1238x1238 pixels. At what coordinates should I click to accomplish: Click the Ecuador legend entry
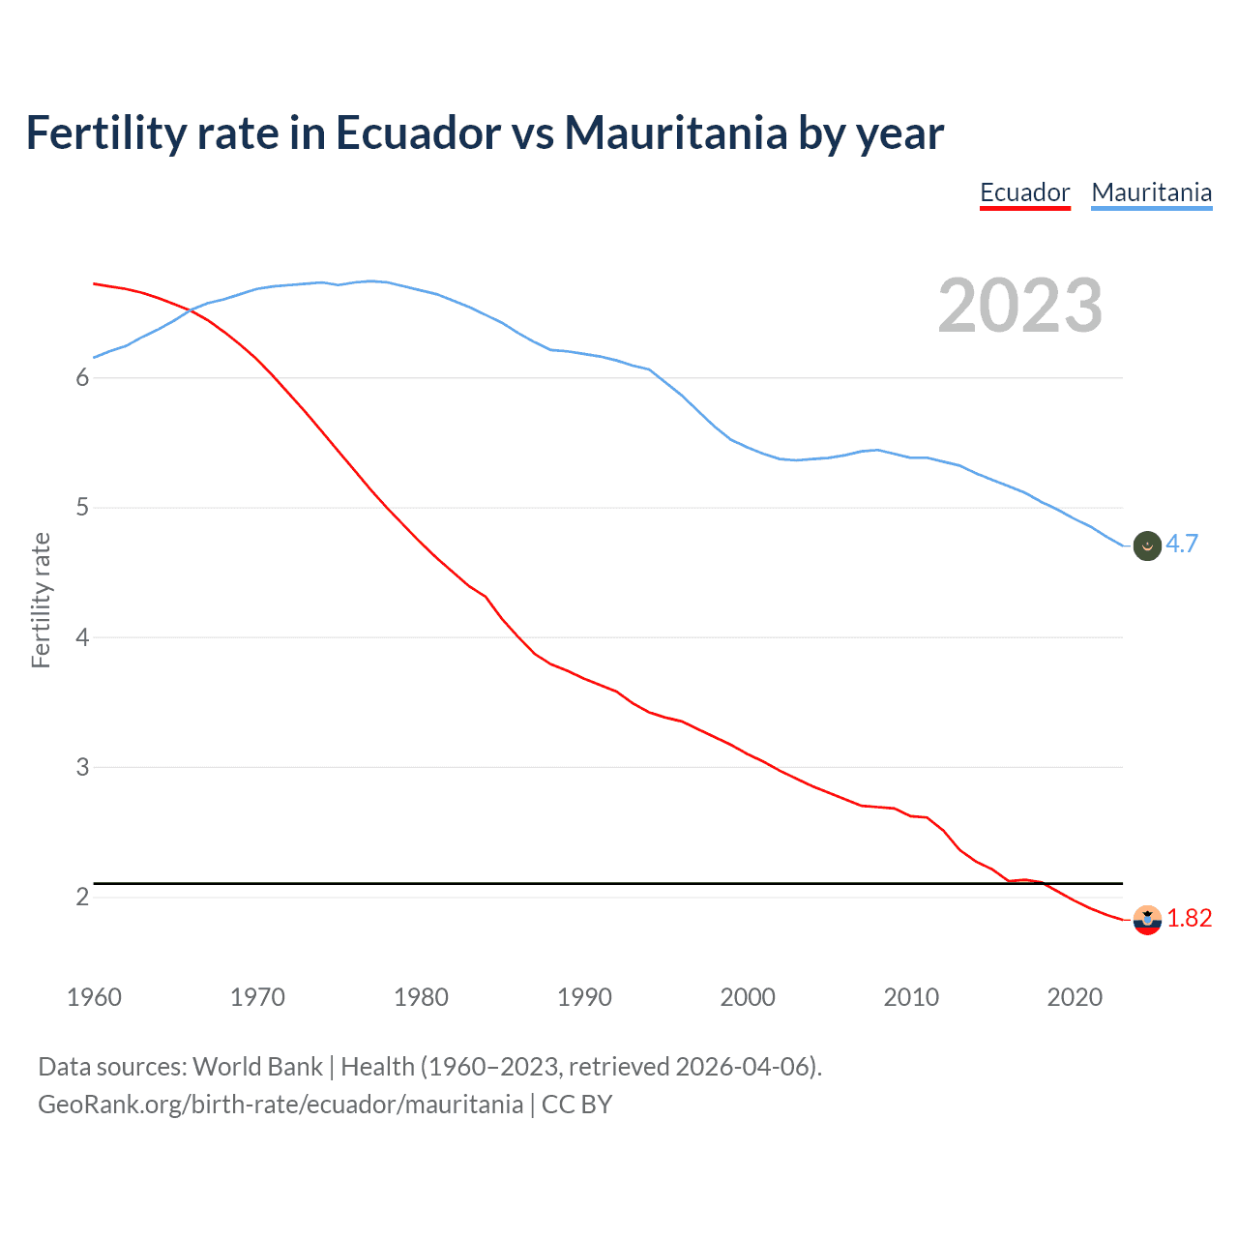click(x=1024, y=192)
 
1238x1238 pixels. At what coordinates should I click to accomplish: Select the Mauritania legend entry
click(x=1151, y=192)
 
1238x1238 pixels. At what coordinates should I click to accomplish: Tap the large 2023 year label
click(x=1019, y=306)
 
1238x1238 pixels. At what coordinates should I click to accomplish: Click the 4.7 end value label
click(x=1181, y=544)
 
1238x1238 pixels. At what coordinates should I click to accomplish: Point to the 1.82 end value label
click(x=1189, y=918)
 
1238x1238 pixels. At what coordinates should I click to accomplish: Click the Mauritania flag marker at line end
click(x=1147, y=545)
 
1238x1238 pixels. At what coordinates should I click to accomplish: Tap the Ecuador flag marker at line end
click(x=1147, y=920)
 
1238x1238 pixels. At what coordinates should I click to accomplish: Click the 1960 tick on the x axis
click(x=94, y=997)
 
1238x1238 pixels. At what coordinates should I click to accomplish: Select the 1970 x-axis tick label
click(x=257, y=997)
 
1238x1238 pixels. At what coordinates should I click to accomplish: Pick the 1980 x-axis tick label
click(x=421, y=997)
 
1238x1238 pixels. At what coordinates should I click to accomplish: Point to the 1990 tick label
click(x=584, y=997)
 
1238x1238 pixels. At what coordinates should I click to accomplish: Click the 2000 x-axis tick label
click(x=748, y=997)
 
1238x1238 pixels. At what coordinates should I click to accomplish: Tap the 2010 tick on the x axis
click(x=911, y=997)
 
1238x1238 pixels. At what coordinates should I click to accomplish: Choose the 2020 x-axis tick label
click(x=1075, y=997)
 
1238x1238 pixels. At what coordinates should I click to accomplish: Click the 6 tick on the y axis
click(x=82, y=378)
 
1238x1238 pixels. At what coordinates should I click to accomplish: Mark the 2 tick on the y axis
click(x=82, y=898)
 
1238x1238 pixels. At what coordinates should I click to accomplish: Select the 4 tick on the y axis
click(x=82, y=637)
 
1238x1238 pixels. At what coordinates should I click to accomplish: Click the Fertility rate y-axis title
click(x=41, y=600)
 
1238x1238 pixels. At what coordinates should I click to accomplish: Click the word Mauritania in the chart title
click(x=675, y=133)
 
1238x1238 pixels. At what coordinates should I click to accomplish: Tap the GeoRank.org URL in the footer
click(x=280, y=1105)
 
